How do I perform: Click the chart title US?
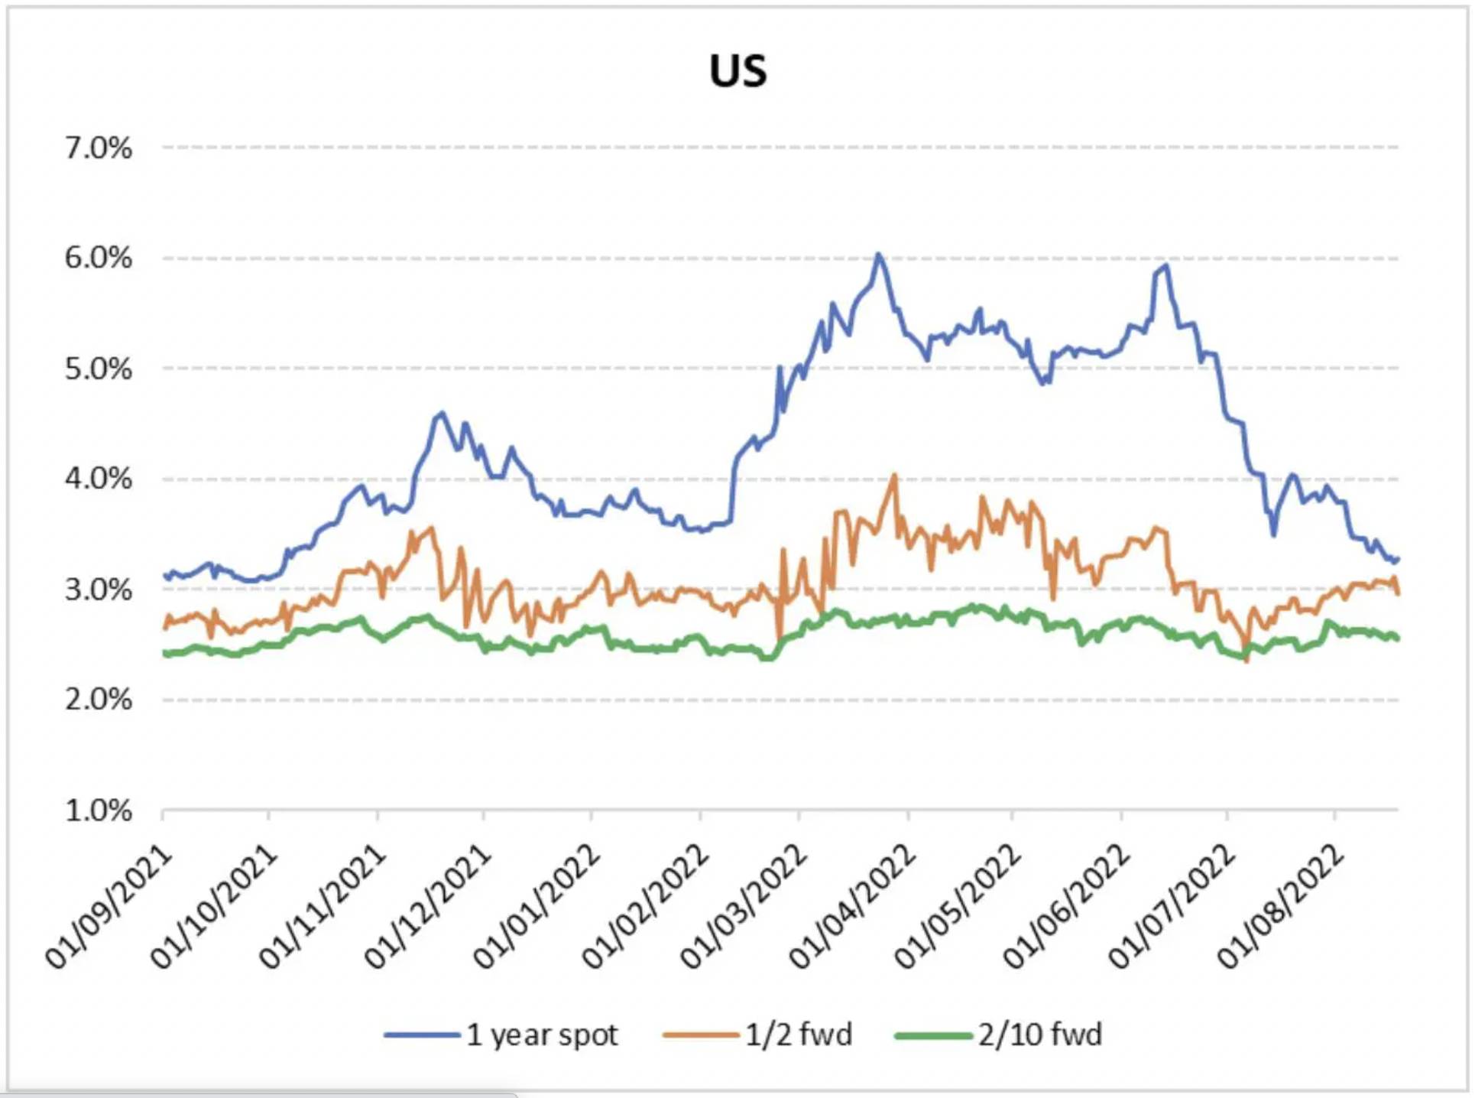pos(737,71)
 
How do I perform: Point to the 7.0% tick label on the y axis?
pos(98,148)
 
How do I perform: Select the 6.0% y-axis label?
pos(98,258)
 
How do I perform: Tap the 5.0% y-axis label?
pos(98,369)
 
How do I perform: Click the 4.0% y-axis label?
pos(98,479)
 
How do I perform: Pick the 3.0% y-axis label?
pos(98,590)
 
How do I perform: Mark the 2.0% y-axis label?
pos(98,700)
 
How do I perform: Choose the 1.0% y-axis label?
pos(98,811)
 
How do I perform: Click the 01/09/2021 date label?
pos(109,907)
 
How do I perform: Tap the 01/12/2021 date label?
pos(428,907)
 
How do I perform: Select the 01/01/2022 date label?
pos(537,907)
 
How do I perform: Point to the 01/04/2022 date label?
pos(853,907)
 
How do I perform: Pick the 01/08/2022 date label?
pos(1281,907)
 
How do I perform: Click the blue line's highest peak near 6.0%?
pos(879,255)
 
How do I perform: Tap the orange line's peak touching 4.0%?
pos(893,476)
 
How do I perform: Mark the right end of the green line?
pos(1397,638)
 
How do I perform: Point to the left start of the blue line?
pos(165,575)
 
